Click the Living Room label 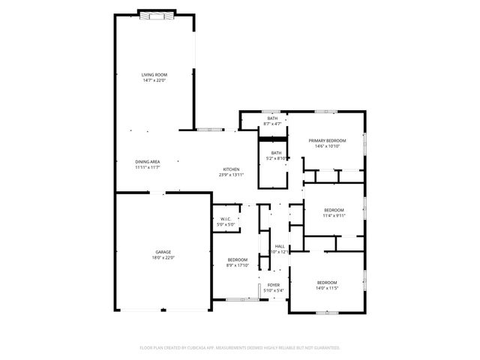[x=154, y=75]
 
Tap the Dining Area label [x=147, y=162]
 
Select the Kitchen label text [x=231, y=169]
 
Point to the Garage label [x=163, y=252]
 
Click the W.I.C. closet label [x=226, y=219]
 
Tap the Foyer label [x=274, y=286]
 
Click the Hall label [x=280, y=246]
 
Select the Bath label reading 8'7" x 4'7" [x=273, y=118]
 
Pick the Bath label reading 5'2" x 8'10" [x=277, y=153]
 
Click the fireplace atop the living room [x=157, y=13]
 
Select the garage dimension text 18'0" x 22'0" [x=163, y=258]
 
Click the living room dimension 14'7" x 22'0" [x=154, y=80]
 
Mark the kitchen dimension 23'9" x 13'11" [x=231, y=175]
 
